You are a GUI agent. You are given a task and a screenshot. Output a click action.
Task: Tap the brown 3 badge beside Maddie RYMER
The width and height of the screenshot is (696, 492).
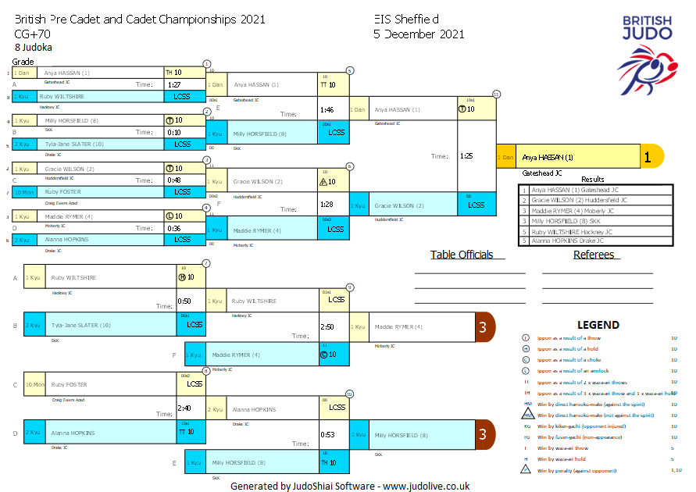tap(484, 326)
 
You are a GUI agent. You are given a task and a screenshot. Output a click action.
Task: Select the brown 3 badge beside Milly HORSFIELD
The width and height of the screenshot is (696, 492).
tap(484, 435)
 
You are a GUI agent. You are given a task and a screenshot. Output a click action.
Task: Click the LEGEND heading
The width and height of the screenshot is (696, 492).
tap(598, 325)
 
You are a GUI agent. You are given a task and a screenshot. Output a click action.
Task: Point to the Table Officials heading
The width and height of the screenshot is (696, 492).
tap(462, 255)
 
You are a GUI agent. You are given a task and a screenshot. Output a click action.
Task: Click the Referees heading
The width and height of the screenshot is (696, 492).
tap(594, 255)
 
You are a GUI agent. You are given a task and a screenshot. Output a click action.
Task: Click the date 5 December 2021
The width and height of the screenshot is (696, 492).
tap(419, 34)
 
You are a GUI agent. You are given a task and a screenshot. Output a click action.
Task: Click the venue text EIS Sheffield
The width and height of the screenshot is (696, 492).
tap(406, 20)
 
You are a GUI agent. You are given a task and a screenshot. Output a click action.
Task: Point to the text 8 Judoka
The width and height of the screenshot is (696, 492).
tap(34, 48)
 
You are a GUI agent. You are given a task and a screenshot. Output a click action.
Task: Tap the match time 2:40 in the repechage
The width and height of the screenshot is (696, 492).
tap(184, 408)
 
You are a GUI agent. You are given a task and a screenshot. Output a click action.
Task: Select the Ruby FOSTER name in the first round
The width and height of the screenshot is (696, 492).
tap(62, 191)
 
